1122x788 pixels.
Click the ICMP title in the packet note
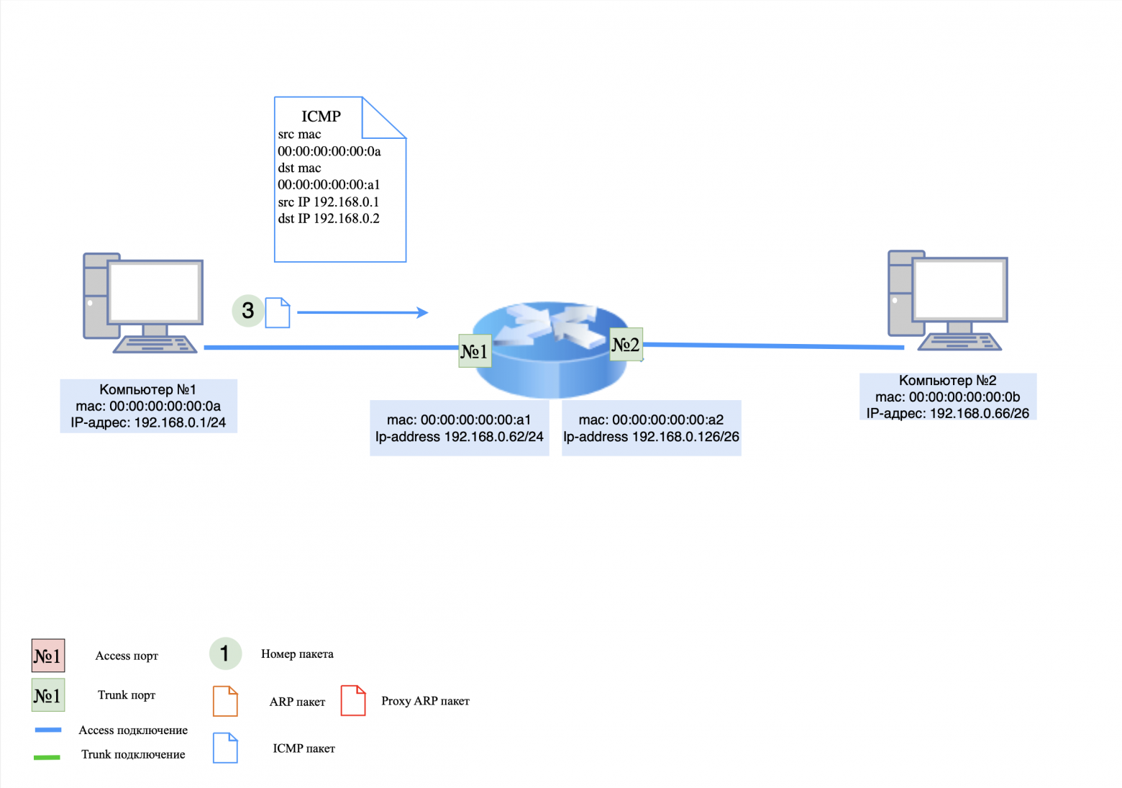pyautogui.click(x=321, y=117)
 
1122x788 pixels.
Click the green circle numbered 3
pyautogui.click(x=247, y=310)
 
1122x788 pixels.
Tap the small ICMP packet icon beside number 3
pyautogui.click(x=278, y=313)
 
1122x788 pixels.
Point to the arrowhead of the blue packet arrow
pyautogui.click(x=423, y=312)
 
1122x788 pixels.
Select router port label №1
pyautogui.click(x=475, y=351)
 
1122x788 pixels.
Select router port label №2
pyautogui.click(x=626, y=345)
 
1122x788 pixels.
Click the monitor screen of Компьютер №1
pyautogui.click(x=154, y=291)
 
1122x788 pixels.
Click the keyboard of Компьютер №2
pyautogui.click(x=959, y=343)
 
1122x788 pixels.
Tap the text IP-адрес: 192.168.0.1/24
pyautogui.click(x=148, y=423)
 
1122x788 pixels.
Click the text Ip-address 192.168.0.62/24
pyautogui.click(x=459, y=437)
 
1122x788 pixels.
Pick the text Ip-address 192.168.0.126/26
pyautogui.click(x=651, y=437)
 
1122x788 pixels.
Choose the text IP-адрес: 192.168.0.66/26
pyautogui.click(x=947, y=414)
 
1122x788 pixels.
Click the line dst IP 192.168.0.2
pyautogui.click(x=329, y=219)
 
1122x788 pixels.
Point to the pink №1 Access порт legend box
pyautogui.click(x=48, y=656)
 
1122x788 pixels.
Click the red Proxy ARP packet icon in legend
pyautogui.click(x=353, y=700)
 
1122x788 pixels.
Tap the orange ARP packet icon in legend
pyautogui.click(x=225, y=701)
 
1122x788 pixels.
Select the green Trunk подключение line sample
pyautogui.click(x=47, y=756)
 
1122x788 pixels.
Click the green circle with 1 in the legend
pyautogui.click(x=225, y=653)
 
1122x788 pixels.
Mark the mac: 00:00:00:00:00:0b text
pyautogui.click(x=947, y=397)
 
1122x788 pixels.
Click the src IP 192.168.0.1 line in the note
pyautogui.click(x=329, y=202)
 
